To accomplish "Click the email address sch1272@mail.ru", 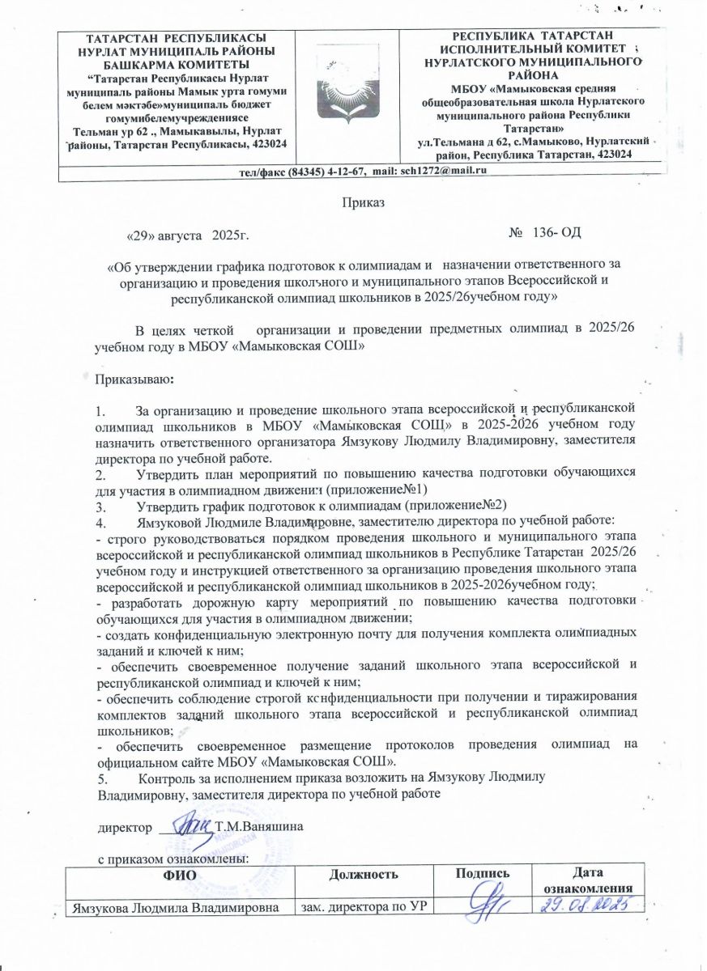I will pos(442,171).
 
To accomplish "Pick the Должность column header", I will pos(364,874).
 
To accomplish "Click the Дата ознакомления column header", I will pos(590,880).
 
